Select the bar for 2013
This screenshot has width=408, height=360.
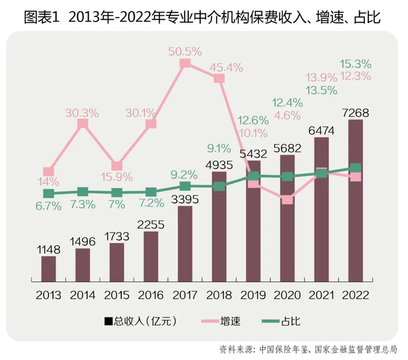[48, 269]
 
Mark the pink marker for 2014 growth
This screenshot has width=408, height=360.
[83, 124]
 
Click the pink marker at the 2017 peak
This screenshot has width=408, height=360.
[185, 63]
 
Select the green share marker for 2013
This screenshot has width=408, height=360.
[48, 193]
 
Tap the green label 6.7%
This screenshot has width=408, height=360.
[48, 206]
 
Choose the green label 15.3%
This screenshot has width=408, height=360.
[355, 64]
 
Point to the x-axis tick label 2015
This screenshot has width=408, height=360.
[117, 295]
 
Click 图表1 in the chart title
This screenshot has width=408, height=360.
[42, 18]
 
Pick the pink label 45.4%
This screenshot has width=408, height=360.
[228, 67]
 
